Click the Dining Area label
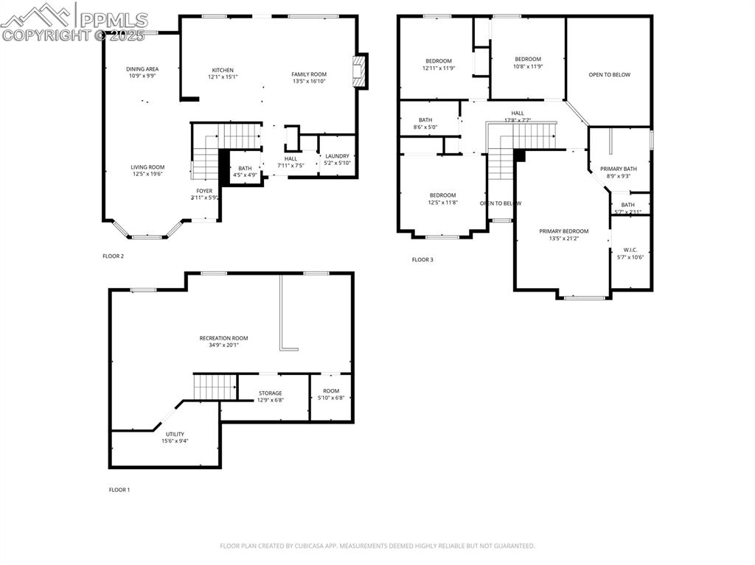tap(142, 69)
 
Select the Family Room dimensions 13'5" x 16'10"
tap(309, 81)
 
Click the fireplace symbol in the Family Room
tap(360, 71)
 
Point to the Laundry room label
tap(337, 156)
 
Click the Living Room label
tap(147, 167)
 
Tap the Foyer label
tap(204, 191)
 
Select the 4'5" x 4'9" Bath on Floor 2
tap(245, 172)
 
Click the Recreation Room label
tap(223, 338)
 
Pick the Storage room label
tap(270, 393)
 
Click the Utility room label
tap(175, 434)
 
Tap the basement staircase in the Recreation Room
tap(215, 386)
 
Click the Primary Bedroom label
tap(563, 231)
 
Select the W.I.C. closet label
tap(630, 250)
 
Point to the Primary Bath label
tap(618, 169)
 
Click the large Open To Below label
tap(609, 74)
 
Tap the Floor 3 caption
tap(422, 259)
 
